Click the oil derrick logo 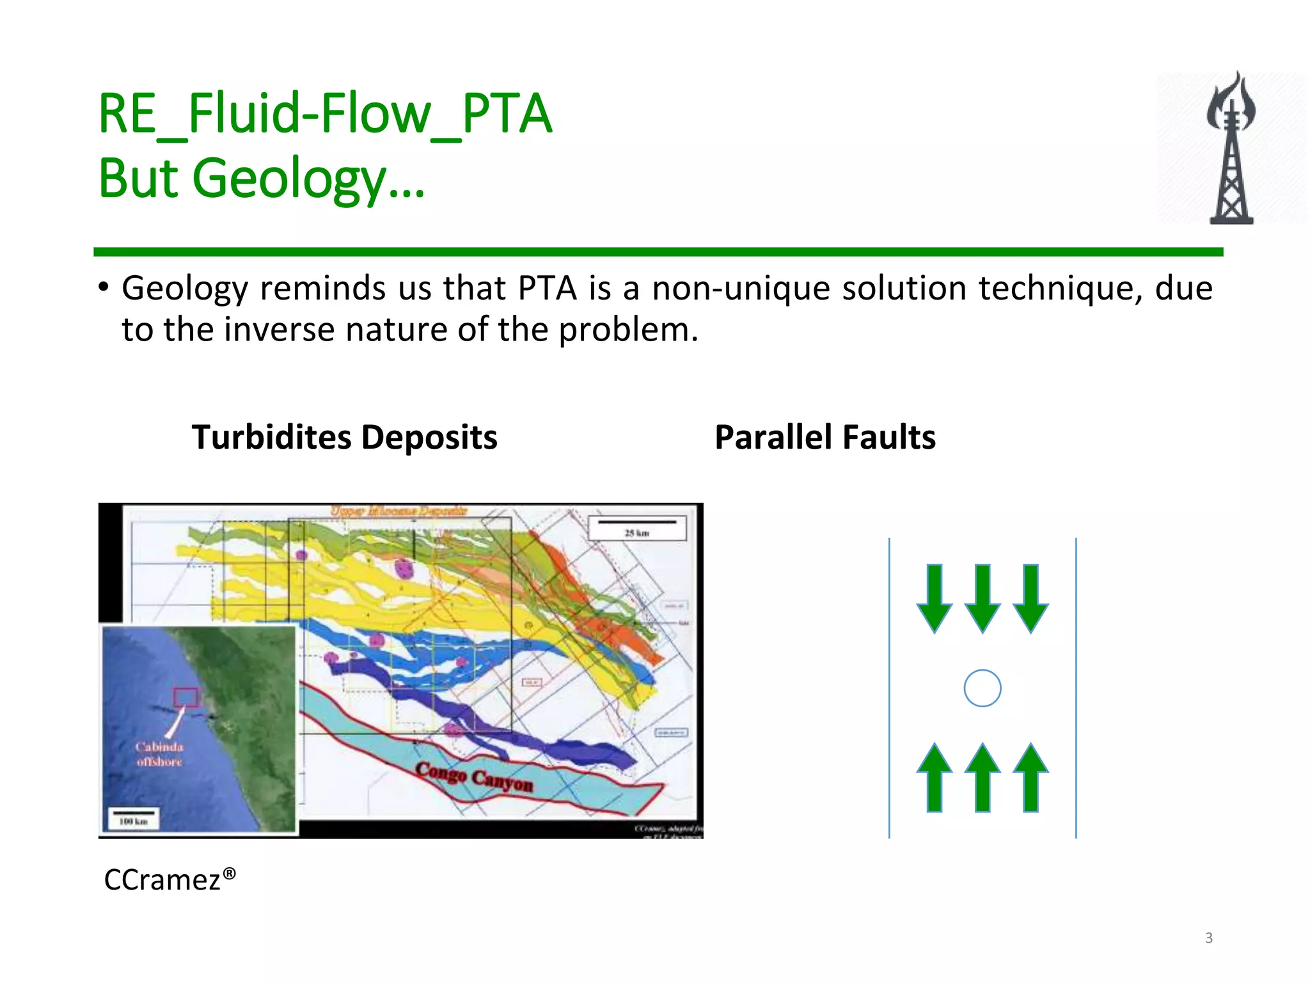coord(1231,148)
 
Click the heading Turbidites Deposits coord(344,438)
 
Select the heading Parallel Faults coord(825,438)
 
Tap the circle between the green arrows coord(982,688)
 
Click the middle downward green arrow coord(982,598)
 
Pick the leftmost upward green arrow coord(935,777)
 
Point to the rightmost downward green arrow coord(1030,598)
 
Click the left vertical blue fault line coord(889,688)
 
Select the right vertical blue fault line coord(1076,688)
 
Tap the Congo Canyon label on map coord(474,777)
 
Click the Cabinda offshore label coord(159,754)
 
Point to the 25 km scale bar coord(636,527)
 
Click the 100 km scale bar coord(134,818)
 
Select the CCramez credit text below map coord(170,880)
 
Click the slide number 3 coord(1208,938)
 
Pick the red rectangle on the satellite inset coord(186,696)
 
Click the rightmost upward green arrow coord(1030,777)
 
